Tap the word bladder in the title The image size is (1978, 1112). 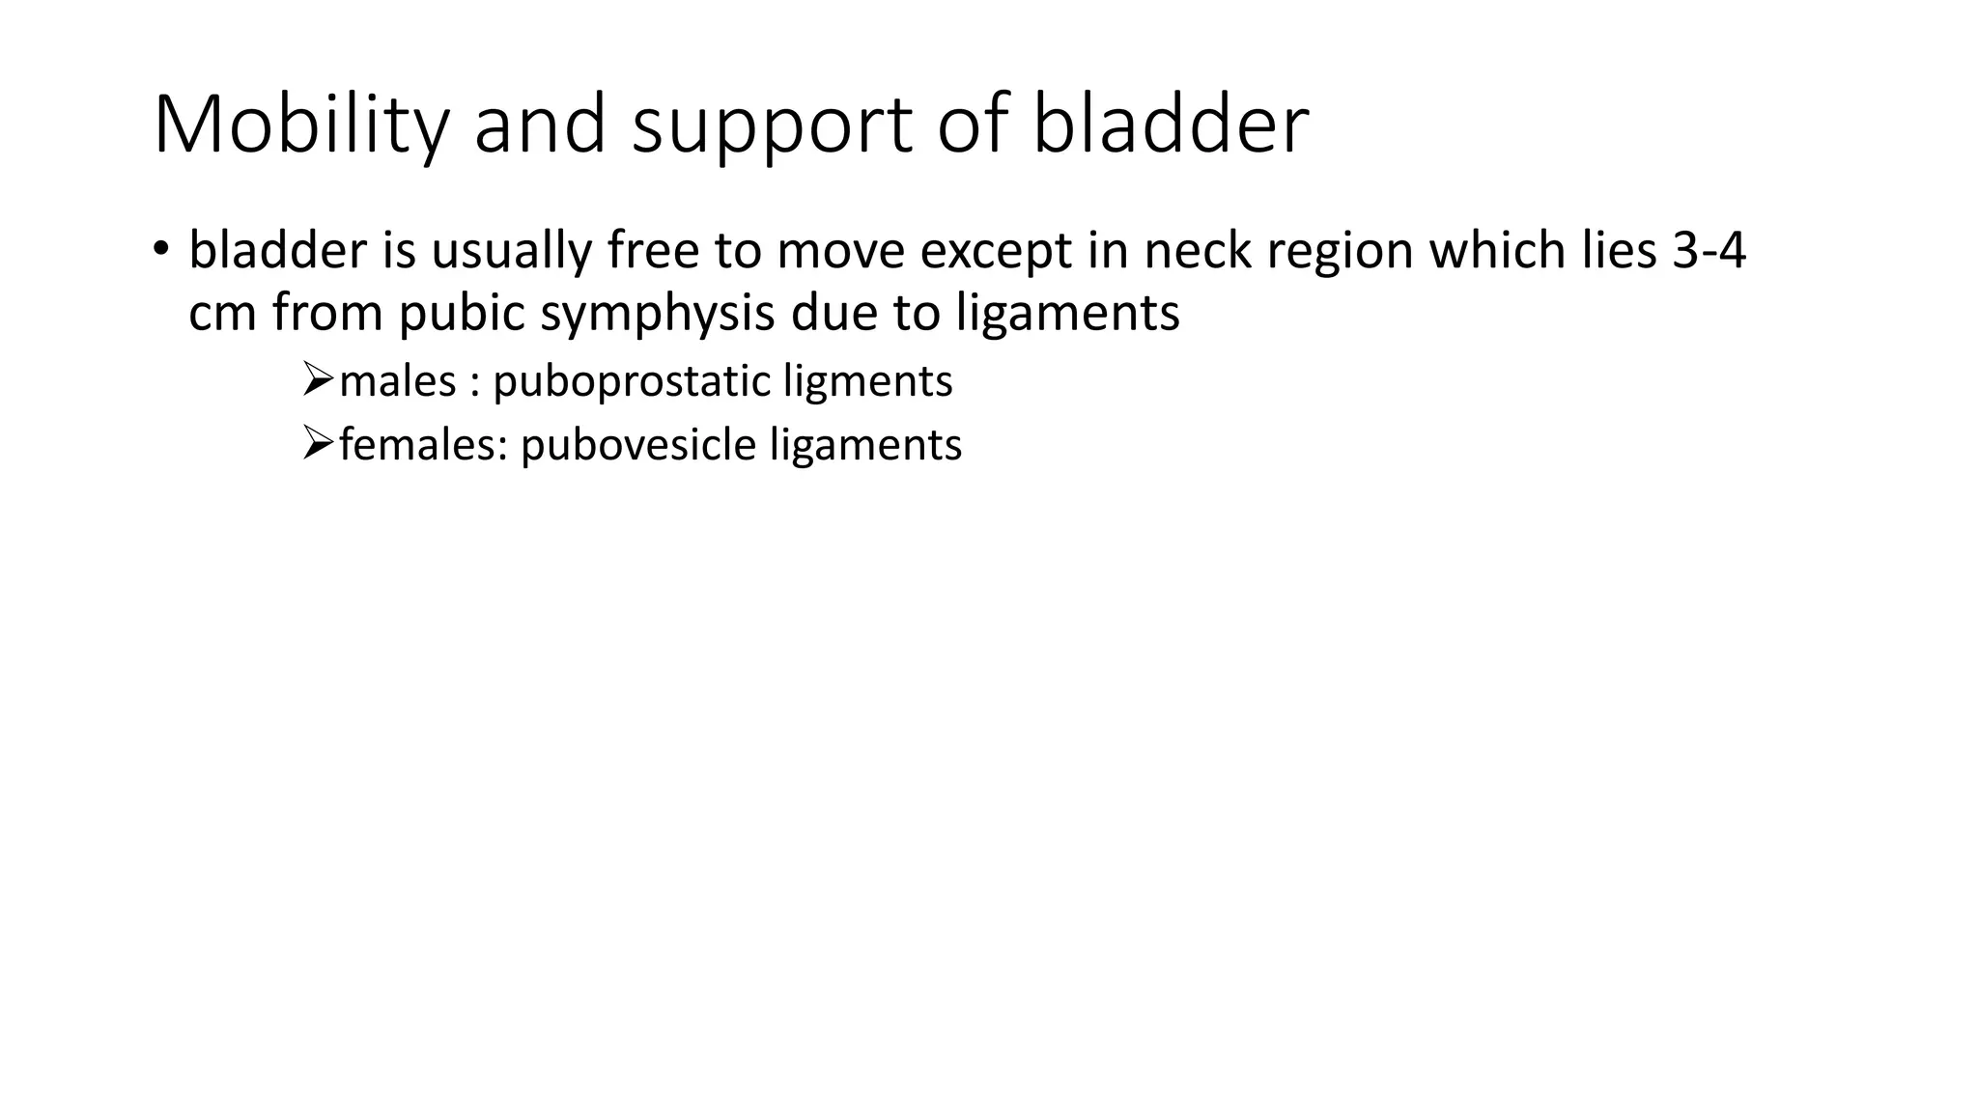[1171, 125]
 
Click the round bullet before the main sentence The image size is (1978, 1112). [160, 248]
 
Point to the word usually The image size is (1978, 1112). [511, 251]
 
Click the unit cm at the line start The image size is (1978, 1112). [221, 315]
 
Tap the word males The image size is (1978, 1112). [397, 381]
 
